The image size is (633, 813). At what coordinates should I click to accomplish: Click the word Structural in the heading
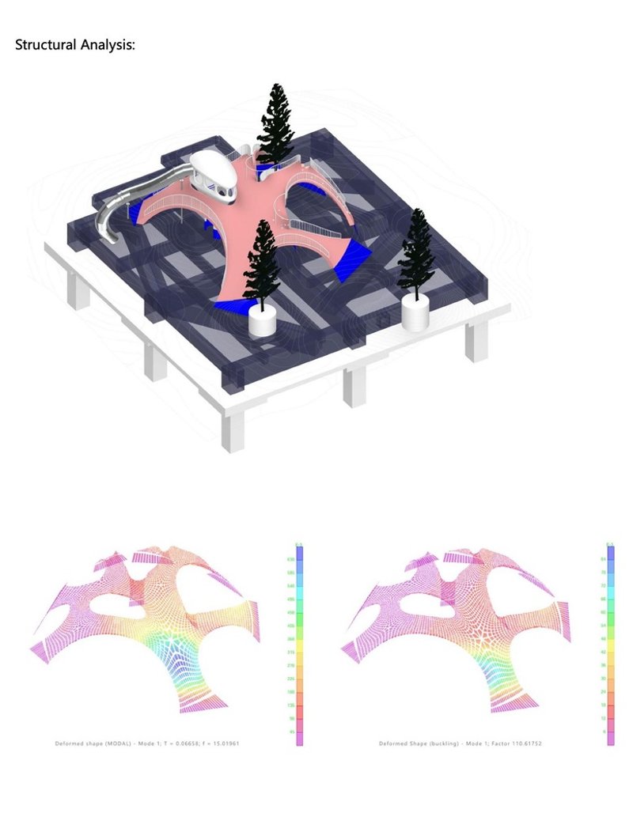(x=44, y=45)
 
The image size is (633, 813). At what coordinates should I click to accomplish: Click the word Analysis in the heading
(x=106, y=45)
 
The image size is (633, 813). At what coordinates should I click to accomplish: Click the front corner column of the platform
(x=233, y=432)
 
